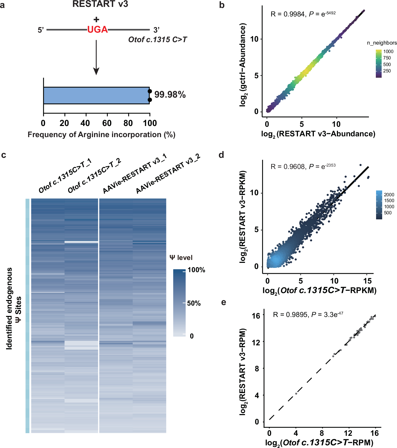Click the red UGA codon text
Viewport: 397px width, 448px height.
pyautogui.click(x=97, y=29)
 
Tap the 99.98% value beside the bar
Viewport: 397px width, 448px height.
pyautogui.click(x=170, y=95)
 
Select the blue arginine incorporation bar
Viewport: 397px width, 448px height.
pyautogui.click(x=96, y=95)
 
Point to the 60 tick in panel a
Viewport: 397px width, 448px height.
pyautogui.click(x=107, y=123)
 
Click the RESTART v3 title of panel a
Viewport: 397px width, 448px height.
pyautogui.click(x=100, y=4)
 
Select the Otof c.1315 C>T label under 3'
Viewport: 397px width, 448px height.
pyautogui.click(x=158, y=40)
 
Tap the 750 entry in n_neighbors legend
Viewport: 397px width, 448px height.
pyautogui.click(x=387, y=58)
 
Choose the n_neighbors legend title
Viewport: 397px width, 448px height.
pyautogui.click(x=382, y=43)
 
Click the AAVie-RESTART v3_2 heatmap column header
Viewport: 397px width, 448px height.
pyautogui.click(x=168, y=173)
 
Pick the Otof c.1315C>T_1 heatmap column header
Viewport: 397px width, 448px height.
pyautogui.click(x=65, y=176)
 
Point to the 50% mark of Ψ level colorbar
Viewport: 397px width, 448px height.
pyautogui.click(x=194, y=303)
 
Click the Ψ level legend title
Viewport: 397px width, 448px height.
pyautogui.click(x=181, y=258)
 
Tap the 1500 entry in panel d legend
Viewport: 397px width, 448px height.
pyautogui.click(x=389, y=201)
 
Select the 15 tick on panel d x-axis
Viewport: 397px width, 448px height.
pyautogui.click(x=367, y=281)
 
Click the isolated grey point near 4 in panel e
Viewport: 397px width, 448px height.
pyautogui.click(x=296, y=394)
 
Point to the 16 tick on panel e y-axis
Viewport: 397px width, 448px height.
pyautogui.click(x=256, y=316)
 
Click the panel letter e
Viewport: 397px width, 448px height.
pyautogui.click(x=224, y=302)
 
